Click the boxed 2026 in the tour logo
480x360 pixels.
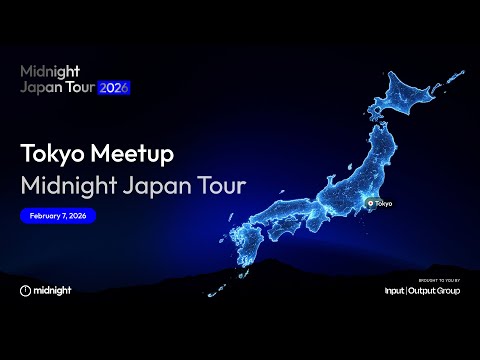pos(113,87)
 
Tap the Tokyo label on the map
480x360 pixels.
pos(383,203)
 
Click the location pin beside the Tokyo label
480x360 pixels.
pos(370,203)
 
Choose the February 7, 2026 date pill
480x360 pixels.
pos(58,215)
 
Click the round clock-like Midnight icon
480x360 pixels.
pos(26,290)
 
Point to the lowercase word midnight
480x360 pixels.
pos(52,290)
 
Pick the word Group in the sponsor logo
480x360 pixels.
pos(451,291)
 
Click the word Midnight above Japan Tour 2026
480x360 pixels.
pos(50,72)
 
